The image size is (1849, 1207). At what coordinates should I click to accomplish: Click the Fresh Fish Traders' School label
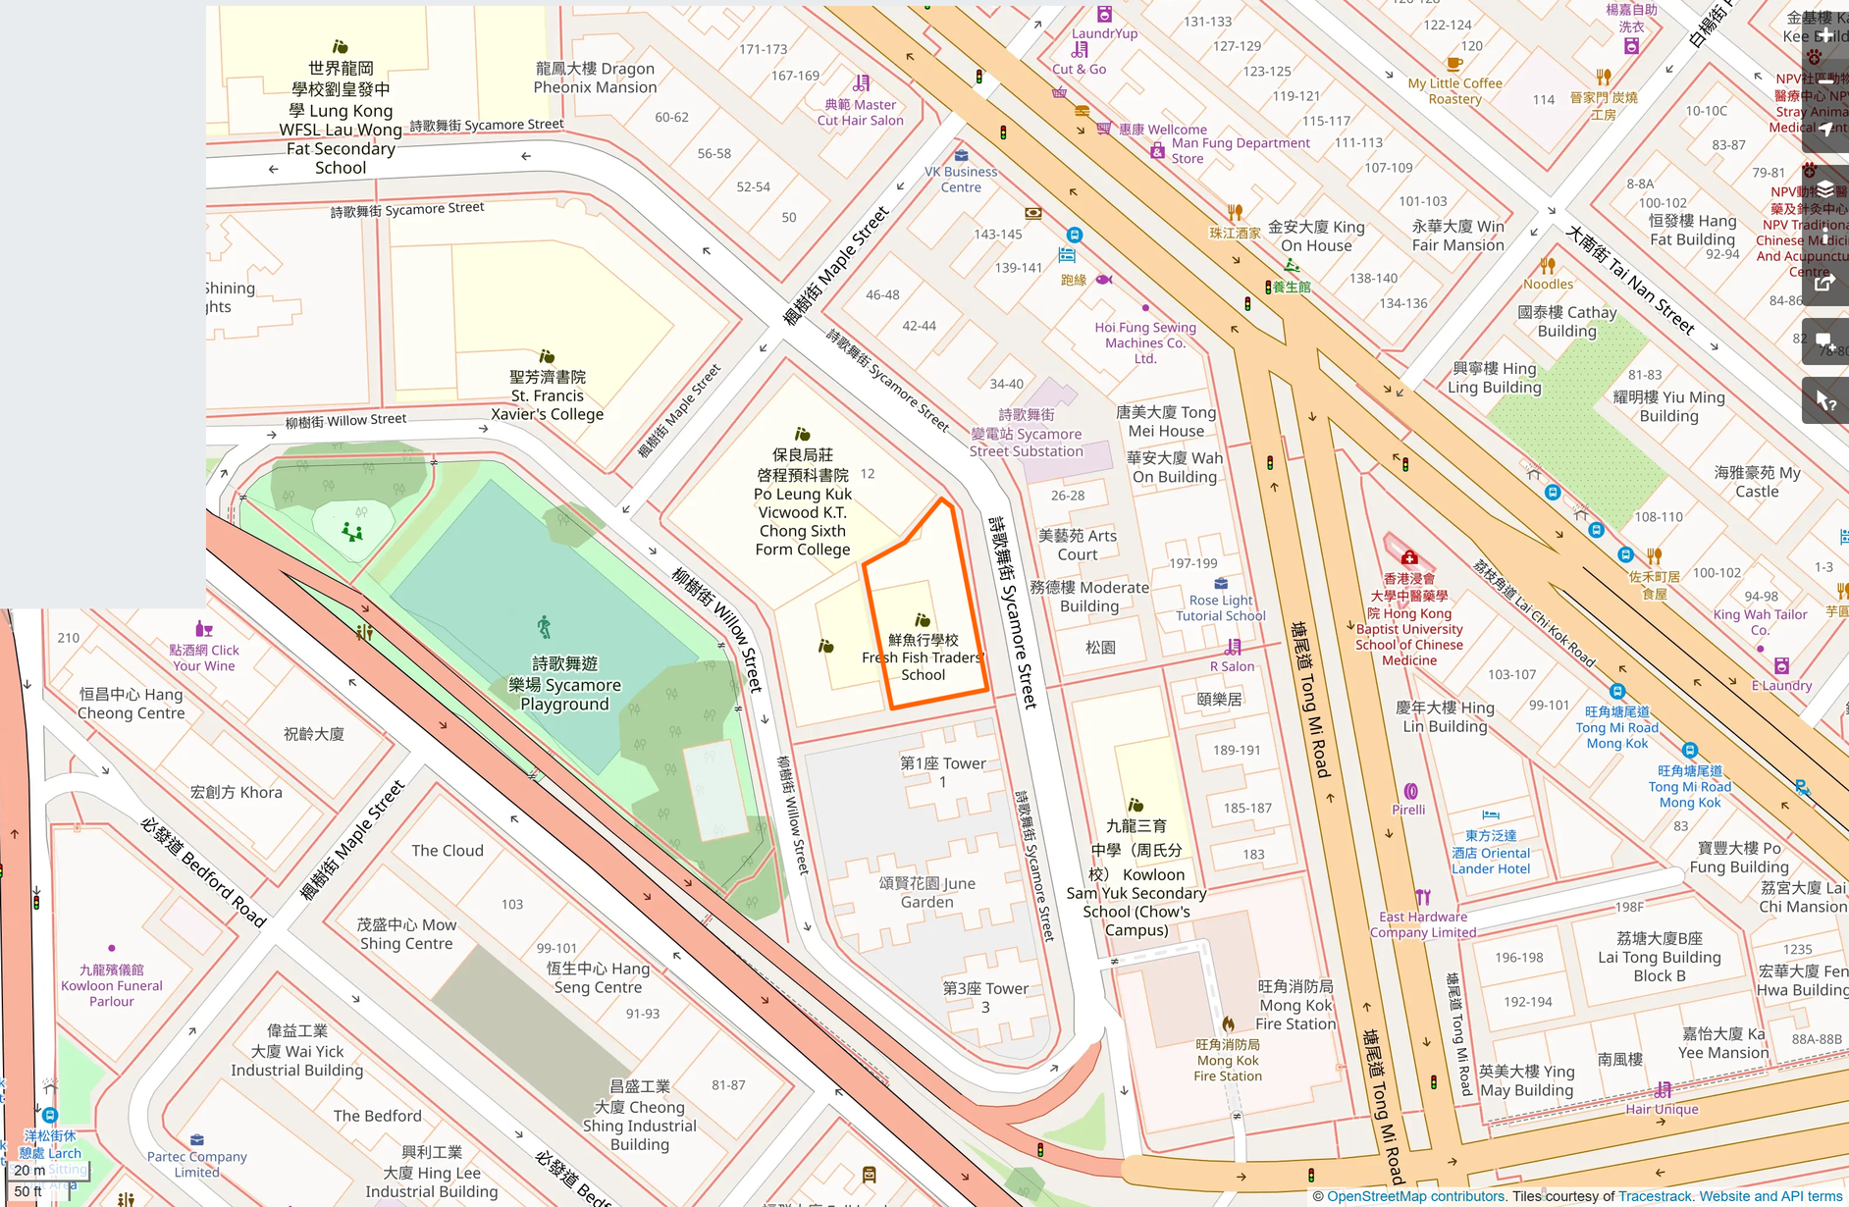click(923, 657)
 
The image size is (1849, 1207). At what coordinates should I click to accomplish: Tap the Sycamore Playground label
click(564, 684)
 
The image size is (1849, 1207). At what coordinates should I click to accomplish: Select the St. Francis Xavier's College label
click(547, 395)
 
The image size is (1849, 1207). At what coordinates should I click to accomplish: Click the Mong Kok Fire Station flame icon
click(1228, 1023)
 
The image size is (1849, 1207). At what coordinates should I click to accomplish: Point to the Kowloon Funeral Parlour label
click(112, 985)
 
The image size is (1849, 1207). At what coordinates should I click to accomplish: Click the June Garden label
click(926, 892)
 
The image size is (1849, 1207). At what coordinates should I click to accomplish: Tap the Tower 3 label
click(985, 997)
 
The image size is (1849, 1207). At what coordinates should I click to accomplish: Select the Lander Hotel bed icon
click(1491, 814)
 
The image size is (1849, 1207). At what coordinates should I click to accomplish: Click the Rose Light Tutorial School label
click(1221, 607)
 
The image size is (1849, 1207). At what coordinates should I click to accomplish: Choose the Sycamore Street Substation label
click(1027, 433)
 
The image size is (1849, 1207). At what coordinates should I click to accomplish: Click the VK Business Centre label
click(961, 179)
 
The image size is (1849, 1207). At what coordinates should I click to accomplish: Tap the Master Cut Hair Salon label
click(860, 112)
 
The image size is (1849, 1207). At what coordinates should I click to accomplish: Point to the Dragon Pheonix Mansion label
click(595, 78)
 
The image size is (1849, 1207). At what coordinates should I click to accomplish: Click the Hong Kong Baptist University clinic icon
click(1409, 557)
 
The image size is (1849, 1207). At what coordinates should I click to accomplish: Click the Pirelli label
click(1408, 810)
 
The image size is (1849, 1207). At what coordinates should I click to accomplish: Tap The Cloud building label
click(448, 851)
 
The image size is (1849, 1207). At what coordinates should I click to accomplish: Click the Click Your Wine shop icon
click(204, 629)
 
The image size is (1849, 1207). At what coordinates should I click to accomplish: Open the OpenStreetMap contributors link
click(1415, 1196)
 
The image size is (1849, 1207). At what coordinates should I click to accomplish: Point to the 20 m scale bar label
click(29, 1170)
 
